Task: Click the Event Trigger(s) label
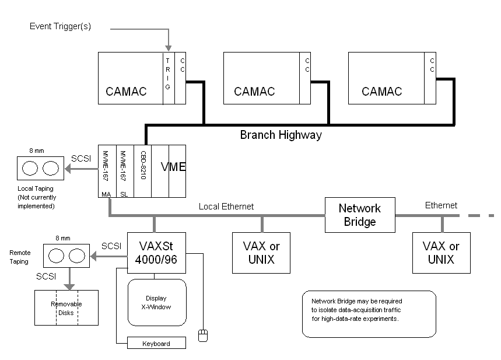click(x=61, y=26)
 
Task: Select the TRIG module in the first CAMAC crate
click(x=167, y=78)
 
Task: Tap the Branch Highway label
click(x=281, y=135)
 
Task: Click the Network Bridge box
click(x=360, y=215)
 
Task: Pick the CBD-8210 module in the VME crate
click(x=143, y=171)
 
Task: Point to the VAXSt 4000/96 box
click(x=156, y=252)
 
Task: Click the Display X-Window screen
click(x=156, y=302)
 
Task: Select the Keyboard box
click(x=156, y=343)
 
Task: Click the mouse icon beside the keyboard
click(x=202, y=335)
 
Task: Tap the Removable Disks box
click(x=66, y=308)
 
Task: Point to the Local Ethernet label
click(x=226, y=206)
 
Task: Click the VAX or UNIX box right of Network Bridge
click(x=441, y=253)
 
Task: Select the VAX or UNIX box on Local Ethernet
click(x=261, y=253)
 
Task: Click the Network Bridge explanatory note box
click(x=369, y=314)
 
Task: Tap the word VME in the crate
click(x=173, y=167)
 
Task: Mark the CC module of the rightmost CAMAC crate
click(x=431, y=78)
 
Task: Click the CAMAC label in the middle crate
click(x=254, y=92)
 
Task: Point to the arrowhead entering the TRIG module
click(x=168, y=48)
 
